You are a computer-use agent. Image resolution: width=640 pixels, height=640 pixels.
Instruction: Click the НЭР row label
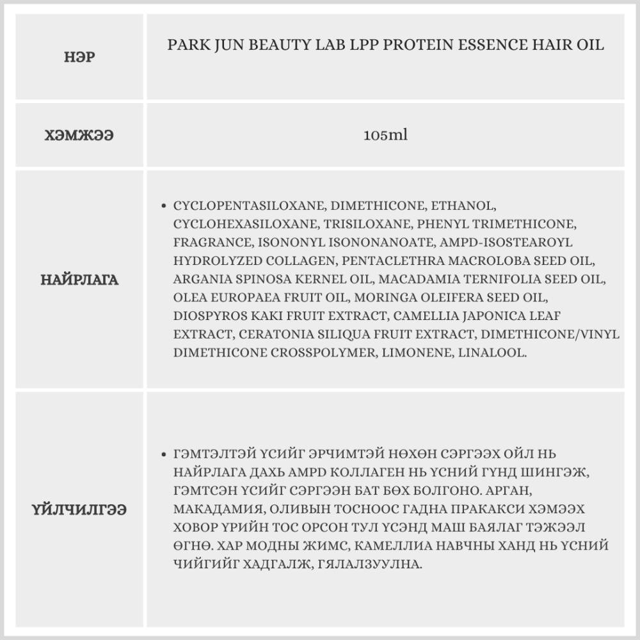pyautogui.click(x=79, y=56)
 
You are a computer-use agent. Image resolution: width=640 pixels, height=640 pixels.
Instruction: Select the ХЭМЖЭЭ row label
pyautogui.click(x=79, y=136)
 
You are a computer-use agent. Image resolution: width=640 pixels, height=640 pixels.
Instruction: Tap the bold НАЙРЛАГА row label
pyautogui.click(x=79, y=280)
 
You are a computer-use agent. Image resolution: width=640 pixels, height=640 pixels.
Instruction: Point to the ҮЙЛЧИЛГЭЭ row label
pyautogui.click(x=79, y=509)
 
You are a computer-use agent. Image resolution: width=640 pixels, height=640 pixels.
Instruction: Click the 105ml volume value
pyautogui.click(x=385, y=136)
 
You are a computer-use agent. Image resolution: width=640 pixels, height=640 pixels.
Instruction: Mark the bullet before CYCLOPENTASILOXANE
pyautogui.click(x=164, y=207)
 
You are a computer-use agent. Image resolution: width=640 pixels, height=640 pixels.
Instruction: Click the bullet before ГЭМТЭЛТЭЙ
pyautogui.click(x=164, y=454)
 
